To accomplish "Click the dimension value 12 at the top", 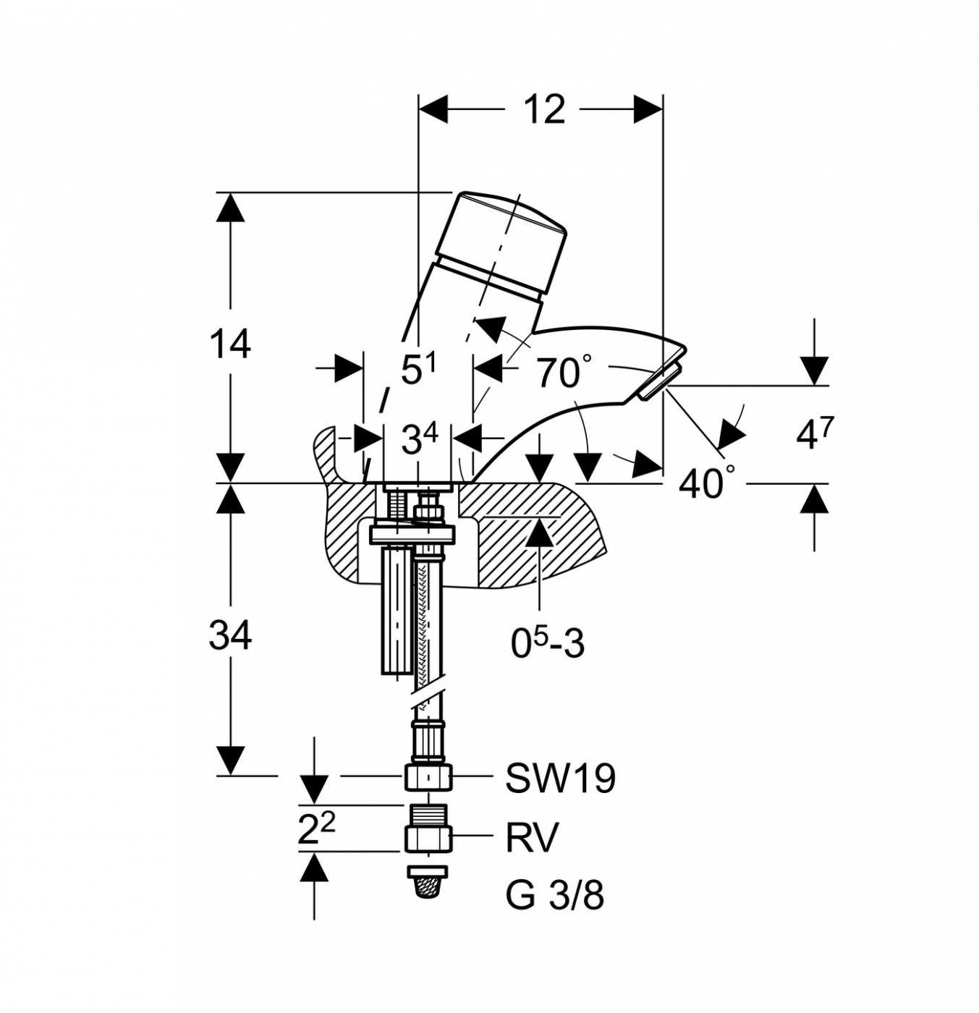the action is coord(544,109).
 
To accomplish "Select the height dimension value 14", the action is coord(229,344).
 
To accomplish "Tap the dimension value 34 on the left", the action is coord(229,635).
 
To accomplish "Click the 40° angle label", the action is coord(708,481).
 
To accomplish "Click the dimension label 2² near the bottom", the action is coord(317,830).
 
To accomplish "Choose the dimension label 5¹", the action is coord(418,369).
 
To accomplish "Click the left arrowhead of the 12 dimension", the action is coord(433,109).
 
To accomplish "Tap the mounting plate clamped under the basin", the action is coord(412,534).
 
